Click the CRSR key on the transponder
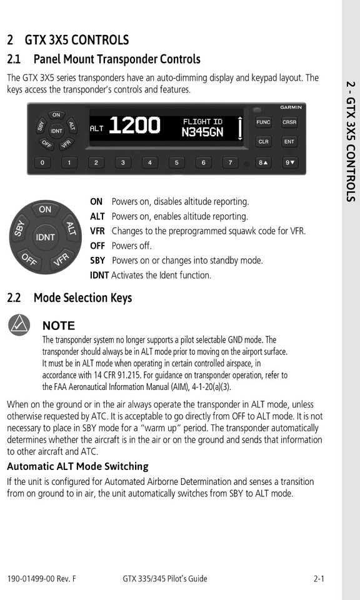coord(289,122)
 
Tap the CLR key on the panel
coord(263,142)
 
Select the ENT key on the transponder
coord(289,142)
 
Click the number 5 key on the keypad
coord(176,163)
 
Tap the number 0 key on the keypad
coord(42,163)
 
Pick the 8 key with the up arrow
coord(263,163)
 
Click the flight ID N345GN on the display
coord(202,132)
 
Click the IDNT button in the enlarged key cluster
coord(45,237)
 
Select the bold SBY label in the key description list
coord(97,261)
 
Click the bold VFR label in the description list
coord(97,231)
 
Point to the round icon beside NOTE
coord(19,325)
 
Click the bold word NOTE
coord(59,326)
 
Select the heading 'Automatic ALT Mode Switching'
coord(77,466)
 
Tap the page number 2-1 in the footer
coord(319,579)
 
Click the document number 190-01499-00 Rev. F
coord(41,579)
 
